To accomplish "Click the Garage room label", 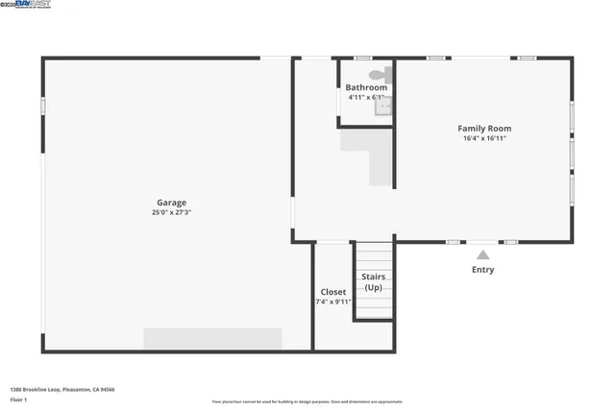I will click(172, 203).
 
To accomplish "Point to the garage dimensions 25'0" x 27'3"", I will click(172, 212).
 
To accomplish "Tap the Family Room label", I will click(483, 128).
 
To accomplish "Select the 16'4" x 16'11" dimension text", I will click(483, 138).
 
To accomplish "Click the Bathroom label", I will click(366, 87).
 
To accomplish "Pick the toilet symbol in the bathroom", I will click(381, 73).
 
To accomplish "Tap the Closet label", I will click(333, 292).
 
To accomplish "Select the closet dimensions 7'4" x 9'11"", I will click(333, 301).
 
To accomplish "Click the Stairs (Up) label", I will click(374, 281).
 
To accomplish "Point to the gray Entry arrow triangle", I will click(482, 254).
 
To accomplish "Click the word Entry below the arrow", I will click(482, 270).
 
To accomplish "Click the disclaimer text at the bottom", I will click(307, 401).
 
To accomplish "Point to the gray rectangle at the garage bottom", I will click(212, 339).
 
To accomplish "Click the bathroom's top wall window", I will click(362, 59).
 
